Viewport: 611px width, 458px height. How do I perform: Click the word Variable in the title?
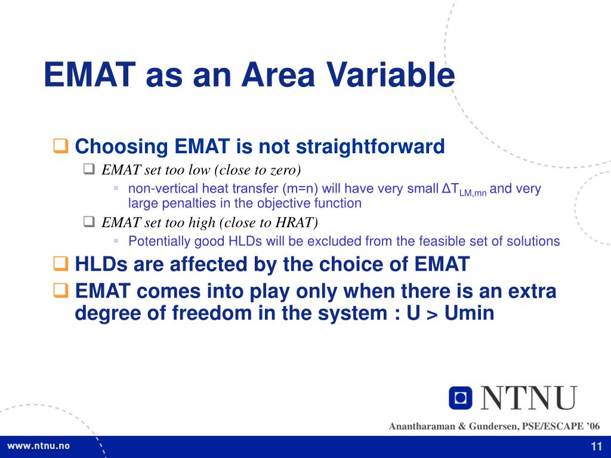(x=390, y=75)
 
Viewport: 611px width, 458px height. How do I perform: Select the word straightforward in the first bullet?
(x=370, y=147)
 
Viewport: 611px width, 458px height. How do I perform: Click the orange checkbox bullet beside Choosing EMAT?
(x=61, y=146)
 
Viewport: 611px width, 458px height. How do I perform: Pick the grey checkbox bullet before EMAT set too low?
(x=90, y=169)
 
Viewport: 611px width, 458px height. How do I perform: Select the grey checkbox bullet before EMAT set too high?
(x=90, y=222)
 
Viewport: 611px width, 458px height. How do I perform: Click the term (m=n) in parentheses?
(x=300, y=189)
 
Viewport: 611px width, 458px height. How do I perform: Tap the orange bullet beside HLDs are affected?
(x=61, y=264)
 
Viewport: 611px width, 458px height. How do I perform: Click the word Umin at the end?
(x=470, y=313)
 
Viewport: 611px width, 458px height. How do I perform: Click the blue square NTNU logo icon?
(x=461, y=398)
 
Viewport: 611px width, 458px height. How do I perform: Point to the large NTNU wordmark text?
(x=529, y=398)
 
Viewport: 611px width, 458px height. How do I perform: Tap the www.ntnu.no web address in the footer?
(x=38, y=446)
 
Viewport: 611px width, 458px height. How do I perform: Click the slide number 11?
(x=597, y=447)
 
